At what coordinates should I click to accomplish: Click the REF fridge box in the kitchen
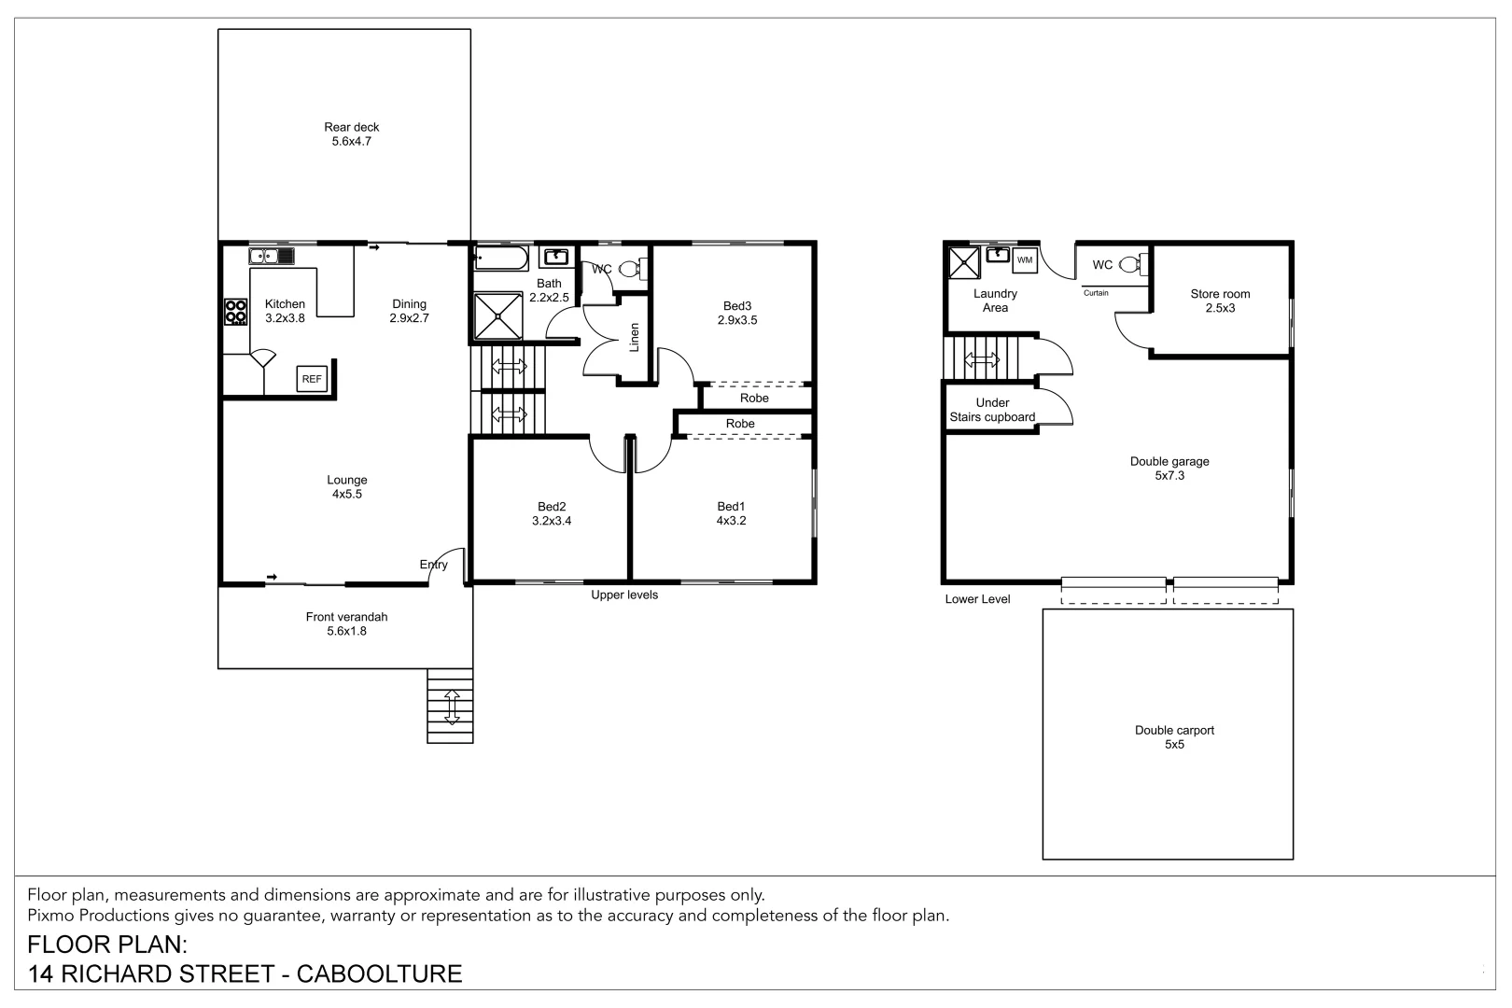point(312,379)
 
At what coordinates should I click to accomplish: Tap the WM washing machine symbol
point(1025,259)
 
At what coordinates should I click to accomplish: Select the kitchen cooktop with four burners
point(235,313)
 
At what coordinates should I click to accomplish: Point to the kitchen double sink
point(272,257)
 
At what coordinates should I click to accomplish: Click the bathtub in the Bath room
point(501,258)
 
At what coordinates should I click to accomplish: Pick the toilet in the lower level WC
point(1133,264)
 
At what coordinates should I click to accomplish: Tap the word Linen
point(634,337)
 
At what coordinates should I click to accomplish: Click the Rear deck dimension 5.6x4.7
point(352,141)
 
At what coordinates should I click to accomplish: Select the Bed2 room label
point(552,507)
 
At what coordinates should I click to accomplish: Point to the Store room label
point(1221,294)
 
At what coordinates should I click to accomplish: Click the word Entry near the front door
point(433,565)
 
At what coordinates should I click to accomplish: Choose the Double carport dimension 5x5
point(1174,745)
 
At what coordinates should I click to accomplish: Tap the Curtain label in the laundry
point(1096,293)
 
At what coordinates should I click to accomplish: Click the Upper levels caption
point(624,595)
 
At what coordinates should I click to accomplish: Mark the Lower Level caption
point(977,599)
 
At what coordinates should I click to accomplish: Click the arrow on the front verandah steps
point(452,707)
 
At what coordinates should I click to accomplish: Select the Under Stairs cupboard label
point(992,410)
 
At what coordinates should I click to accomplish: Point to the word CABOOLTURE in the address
point(379,973)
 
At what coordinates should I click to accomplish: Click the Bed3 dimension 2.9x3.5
point(737,320)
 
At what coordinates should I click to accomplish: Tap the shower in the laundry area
point(964,262)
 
